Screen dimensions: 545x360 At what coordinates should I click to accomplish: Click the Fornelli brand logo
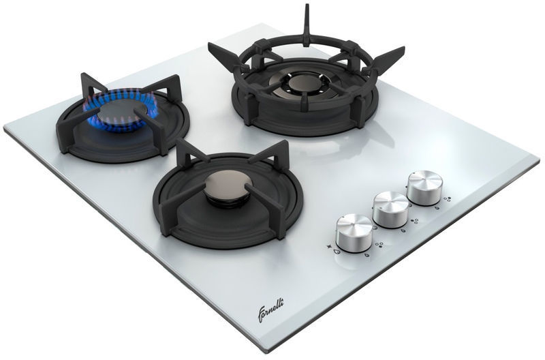(x=270, y=310)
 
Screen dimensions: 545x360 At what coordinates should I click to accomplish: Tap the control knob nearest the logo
(x=354, y=232)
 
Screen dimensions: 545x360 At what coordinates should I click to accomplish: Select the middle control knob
(x=390, y=209)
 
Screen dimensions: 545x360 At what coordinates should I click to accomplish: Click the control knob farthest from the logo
(x=424, y=187)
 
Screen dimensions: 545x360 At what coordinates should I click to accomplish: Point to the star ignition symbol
(x=328, y=247)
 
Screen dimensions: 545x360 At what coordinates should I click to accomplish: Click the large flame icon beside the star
(x=337, y=251)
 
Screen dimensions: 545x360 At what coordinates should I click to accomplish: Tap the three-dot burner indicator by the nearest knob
(x=379, y=245)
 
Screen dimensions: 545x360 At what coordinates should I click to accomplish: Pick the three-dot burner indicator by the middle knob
(x=414, y=221)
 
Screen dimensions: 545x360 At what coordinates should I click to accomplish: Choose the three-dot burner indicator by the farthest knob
(x=448, y=199)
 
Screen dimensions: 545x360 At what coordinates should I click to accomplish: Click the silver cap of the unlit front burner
(x=228, y=185)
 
